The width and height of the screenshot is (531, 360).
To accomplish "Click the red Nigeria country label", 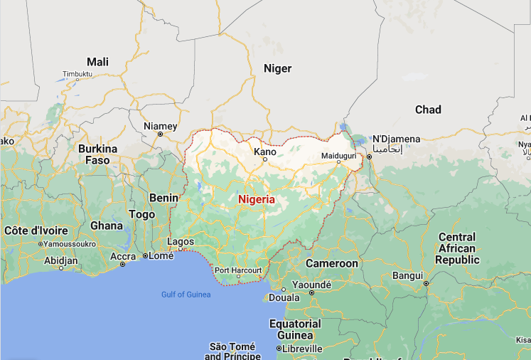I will click(256, 199).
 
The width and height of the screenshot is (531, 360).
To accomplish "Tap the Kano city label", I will click(265, 152).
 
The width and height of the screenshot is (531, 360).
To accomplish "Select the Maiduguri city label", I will click(338, 154).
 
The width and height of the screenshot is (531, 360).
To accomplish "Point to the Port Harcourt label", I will click(238, 270).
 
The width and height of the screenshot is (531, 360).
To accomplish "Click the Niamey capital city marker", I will click(160, 134).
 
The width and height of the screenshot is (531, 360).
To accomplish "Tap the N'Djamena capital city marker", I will click(368, 155).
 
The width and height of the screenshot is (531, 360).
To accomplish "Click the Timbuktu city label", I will click(78, 74).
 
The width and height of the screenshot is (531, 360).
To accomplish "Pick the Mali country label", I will click(97, 62).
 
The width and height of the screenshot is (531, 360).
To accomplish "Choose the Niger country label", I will click(277, 68).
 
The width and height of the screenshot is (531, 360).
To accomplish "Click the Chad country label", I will click(428, 110).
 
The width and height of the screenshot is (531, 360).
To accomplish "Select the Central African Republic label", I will click(457, 248).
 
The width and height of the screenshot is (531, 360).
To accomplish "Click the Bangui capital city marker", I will click(426, 283).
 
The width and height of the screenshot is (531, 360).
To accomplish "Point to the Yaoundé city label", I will click(311, 285).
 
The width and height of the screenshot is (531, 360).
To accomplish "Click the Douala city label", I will click(284, 297).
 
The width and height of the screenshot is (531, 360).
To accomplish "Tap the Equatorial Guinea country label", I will click(296, 329).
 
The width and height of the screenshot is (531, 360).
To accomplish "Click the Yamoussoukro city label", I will click(70, 243).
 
